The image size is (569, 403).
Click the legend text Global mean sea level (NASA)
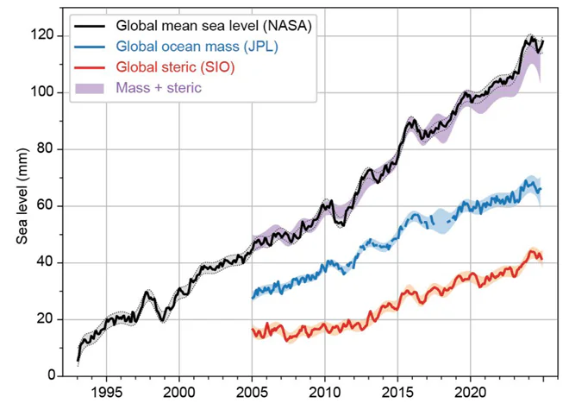coord(213,27)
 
